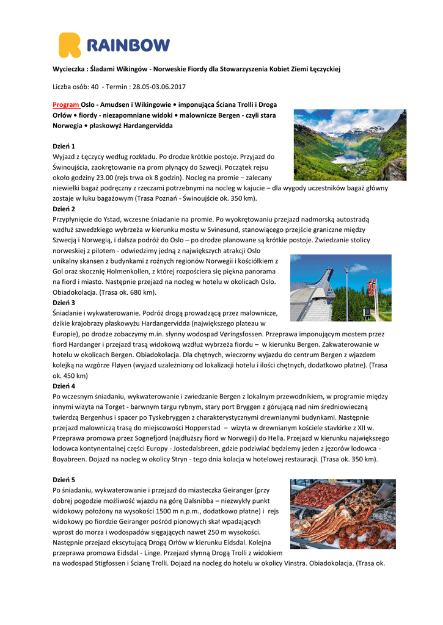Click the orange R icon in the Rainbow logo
69,45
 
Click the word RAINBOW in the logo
127,46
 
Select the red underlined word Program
66,104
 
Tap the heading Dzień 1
64,146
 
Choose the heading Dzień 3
64,303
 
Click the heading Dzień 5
64,479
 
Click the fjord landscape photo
341,145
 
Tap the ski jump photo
340,287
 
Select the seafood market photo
343,514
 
